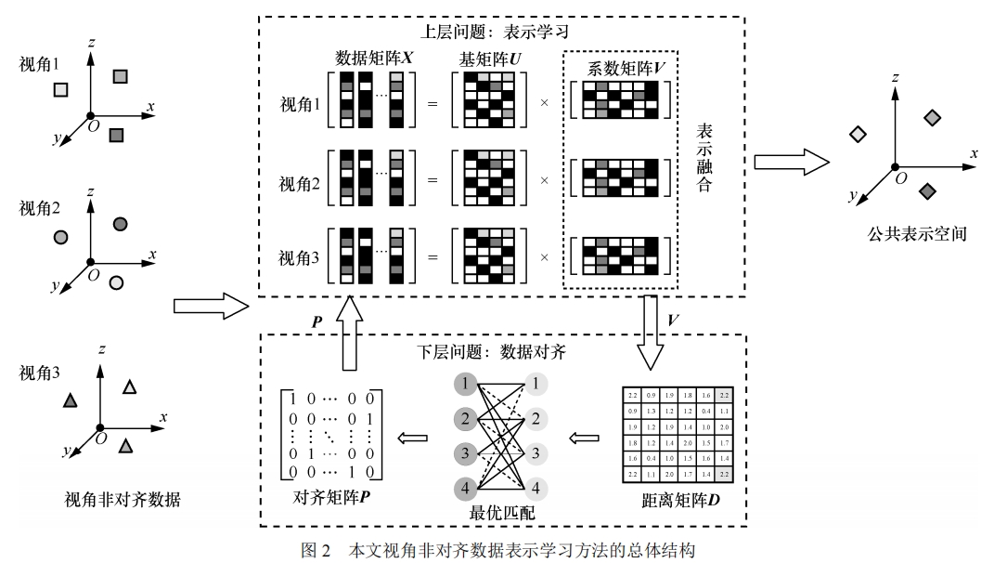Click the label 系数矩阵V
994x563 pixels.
(622, 69)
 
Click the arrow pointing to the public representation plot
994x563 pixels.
(790, 162)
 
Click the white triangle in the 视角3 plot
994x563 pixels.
(130, 387)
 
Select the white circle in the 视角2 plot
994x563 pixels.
(117, 281)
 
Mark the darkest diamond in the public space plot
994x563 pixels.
(925, 190)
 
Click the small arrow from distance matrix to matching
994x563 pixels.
(585, 436)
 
